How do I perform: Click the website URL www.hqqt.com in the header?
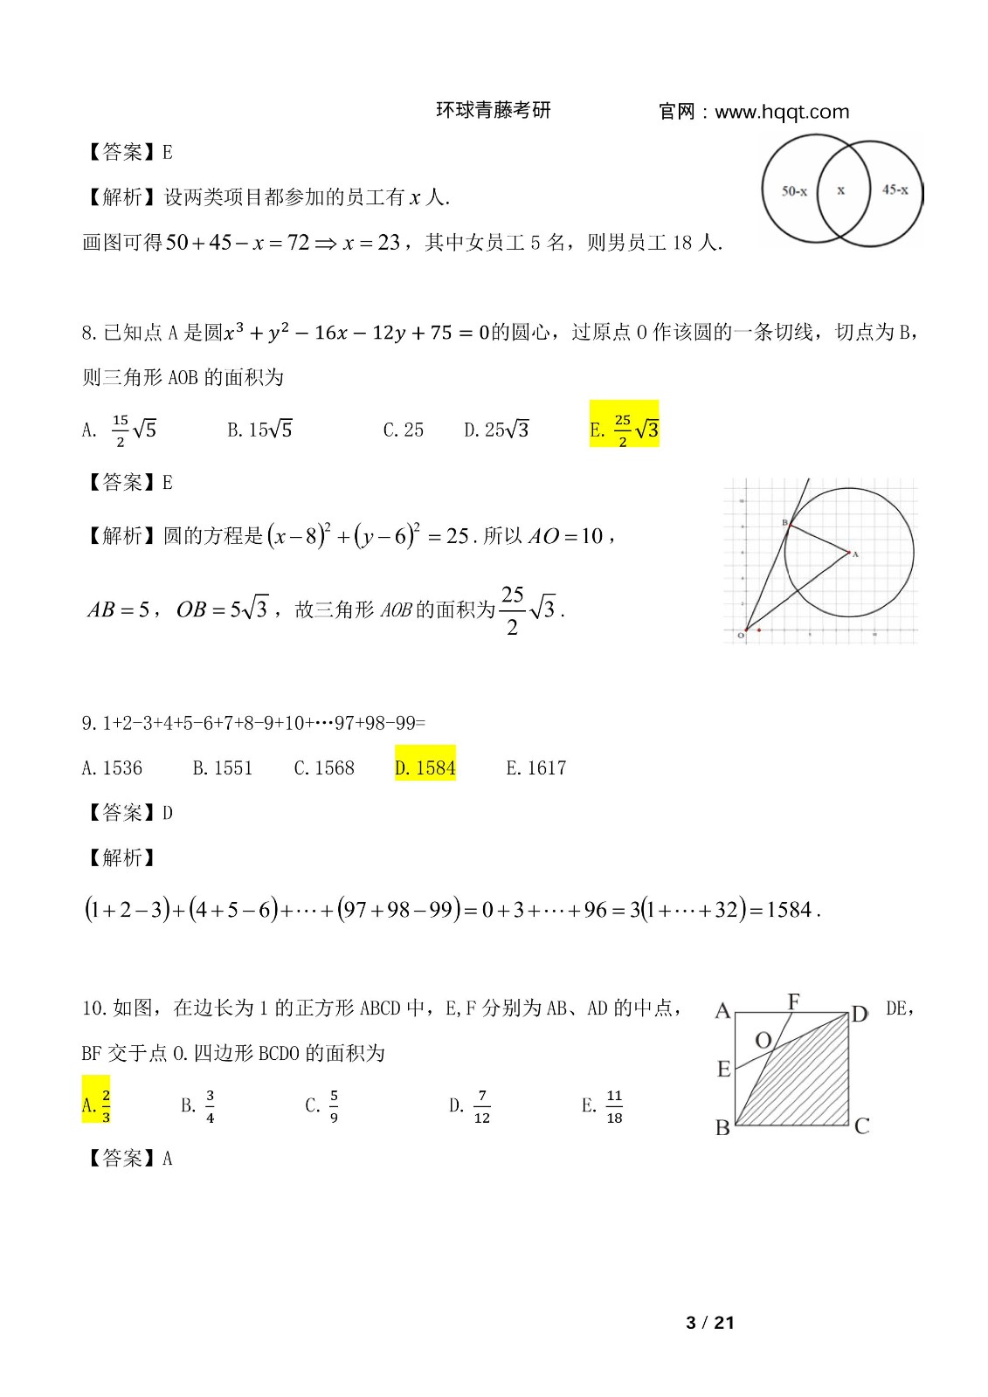pos(781,112)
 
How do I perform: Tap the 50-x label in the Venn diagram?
pos(794,190)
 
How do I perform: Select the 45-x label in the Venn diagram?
pos(895,189)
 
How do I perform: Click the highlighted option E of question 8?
pos(624,429)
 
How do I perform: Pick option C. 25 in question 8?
pos(403,430)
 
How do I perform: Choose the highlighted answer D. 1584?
pos(425,767)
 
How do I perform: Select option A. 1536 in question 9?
pos(112,767)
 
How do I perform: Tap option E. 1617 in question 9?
pos(535,767)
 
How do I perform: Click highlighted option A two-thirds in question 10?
pos(96,1105)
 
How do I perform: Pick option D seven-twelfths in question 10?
pos(470,1106)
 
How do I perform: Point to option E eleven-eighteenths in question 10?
pos(603,1106)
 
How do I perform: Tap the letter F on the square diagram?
pos(793,1001)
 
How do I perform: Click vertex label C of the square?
pos(861,1126)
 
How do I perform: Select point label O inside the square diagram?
pos(763,1040)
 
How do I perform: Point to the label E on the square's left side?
pos(723,1069)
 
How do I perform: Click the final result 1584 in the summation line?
pos(789,910)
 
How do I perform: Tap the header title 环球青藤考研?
pos(494,110)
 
